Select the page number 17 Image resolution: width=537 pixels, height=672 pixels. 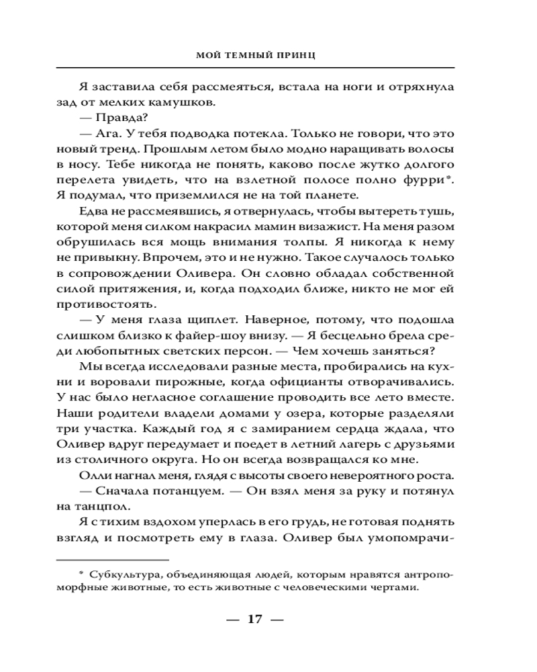point(254,619)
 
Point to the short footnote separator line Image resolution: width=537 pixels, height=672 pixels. point(112,559)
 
